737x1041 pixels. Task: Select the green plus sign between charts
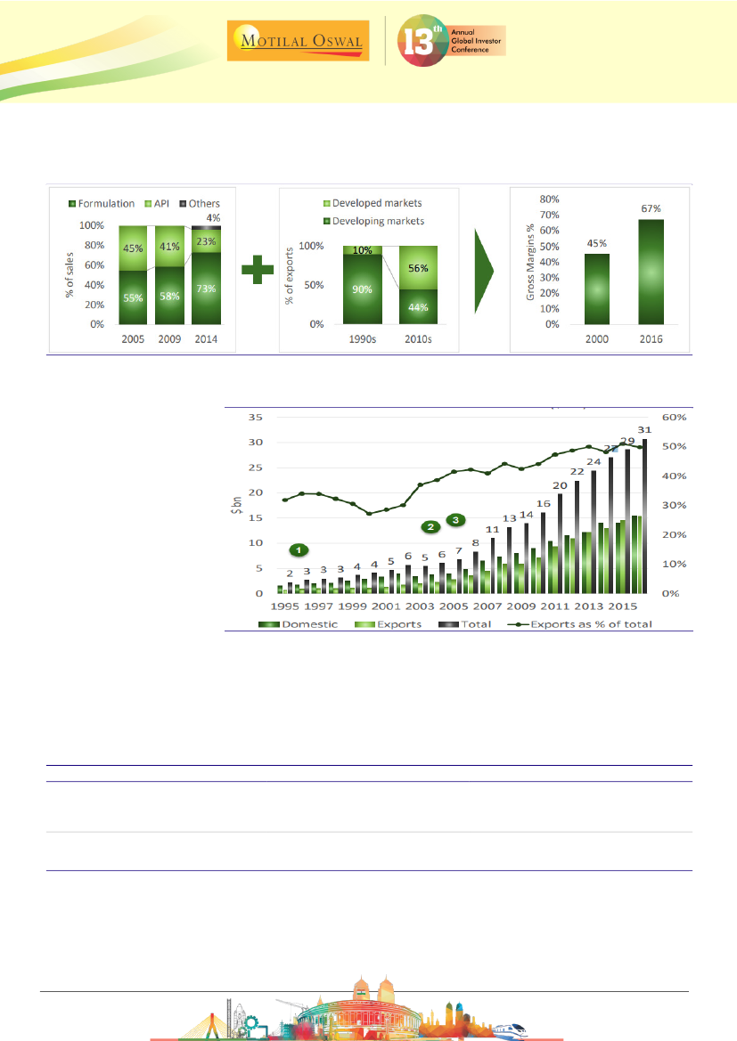click(x=258, y=269)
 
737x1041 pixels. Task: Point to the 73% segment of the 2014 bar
click(x=207, y=288)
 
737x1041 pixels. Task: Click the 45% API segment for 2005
click(x=133, y=248)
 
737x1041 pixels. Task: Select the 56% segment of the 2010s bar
click(x=418, y=267)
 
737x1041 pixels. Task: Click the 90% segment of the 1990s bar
click(x=363, y=289)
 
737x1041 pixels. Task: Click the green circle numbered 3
click(x=456, y=519)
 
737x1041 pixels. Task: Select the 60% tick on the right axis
click(x=674, y=417)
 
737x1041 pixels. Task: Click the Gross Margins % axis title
click(x=530, y=261)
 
